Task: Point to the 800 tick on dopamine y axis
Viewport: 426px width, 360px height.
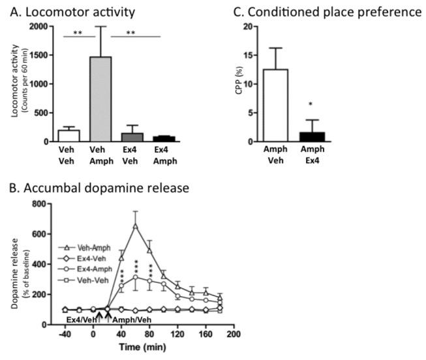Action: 40,204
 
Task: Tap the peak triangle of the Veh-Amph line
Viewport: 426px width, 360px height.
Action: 135,226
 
